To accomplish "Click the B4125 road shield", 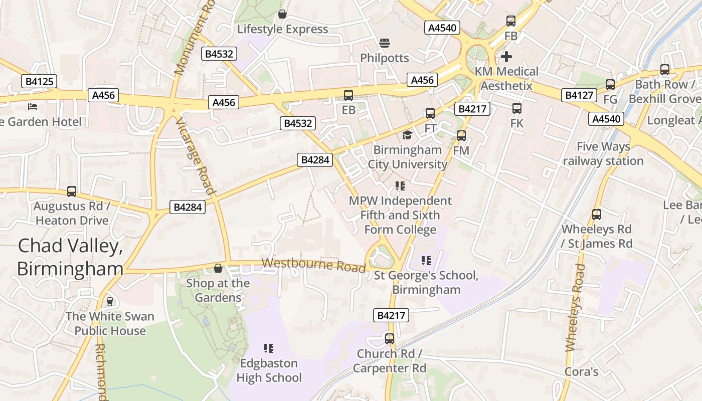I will point(40,81).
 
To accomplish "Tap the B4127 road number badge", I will point(580,95).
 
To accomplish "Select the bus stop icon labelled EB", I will point(348,95).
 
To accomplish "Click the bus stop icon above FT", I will point(430,113).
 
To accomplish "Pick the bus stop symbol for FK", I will point(516,108).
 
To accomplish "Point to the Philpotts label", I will point(385,58).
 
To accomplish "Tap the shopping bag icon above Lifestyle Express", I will point(282,14).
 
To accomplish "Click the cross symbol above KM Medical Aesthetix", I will point(506,56).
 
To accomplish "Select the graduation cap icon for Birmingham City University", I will point(407,135).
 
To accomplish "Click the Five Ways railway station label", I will point(603,154).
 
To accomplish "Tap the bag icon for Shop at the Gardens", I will point(218,268).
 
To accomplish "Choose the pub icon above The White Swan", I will point(110,301).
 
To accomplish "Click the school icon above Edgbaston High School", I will point(269,348).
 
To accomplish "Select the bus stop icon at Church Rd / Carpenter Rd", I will point(390,339).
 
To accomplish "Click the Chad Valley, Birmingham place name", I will point(70,257).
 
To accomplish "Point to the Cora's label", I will point(581,371).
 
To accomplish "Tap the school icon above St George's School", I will point(426,261).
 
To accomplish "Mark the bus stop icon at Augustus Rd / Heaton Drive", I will point(72,191).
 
